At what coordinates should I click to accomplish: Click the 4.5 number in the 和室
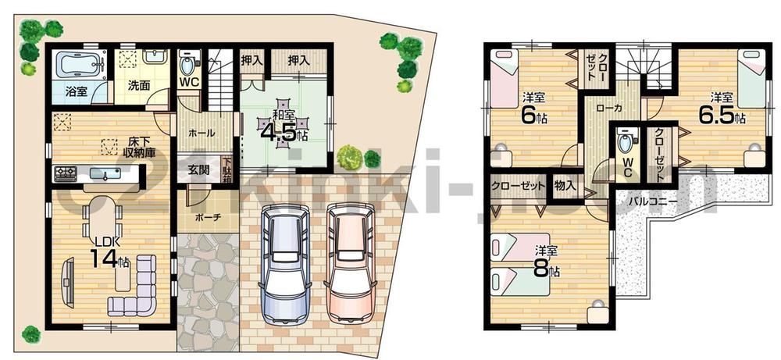(283, 130)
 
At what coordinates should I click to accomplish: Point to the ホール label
(201, 134)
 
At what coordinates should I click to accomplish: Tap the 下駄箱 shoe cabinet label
(227, 168)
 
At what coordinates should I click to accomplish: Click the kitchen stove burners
(64, 172)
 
